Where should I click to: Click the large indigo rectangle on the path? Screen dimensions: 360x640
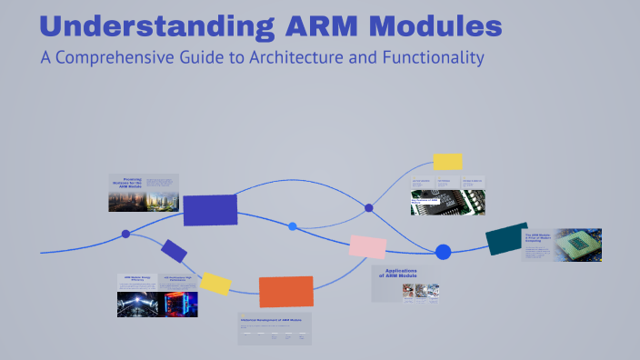pyautogui.click(x=210, y=209)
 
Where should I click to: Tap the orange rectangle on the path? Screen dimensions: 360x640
pyautogui.click(x=285, y=291)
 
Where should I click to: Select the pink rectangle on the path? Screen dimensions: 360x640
pyautogui.click(x=368, y=246)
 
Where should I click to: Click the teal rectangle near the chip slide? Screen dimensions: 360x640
pyautogui.click(x=506, y=238)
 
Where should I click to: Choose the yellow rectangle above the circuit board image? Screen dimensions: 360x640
pyautogui.click(x=447, y=162)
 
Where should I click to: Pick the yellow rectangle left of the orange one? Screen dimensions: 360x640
pyautogui.click(x=215, y=283)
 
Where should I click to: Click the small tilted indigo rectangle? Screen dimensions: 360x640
pyautogui.click(x=174, y=250)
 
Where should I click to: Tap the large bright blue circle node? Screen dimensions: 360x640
pyautogui.click(x=443, y=252)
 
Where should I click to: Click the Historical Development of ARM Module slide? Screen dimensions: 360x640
pyautogui.click(x=275, y=328)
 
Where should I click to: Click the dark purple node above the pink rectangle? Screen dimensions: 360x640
pyautogui.click(x=369, y=208)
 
